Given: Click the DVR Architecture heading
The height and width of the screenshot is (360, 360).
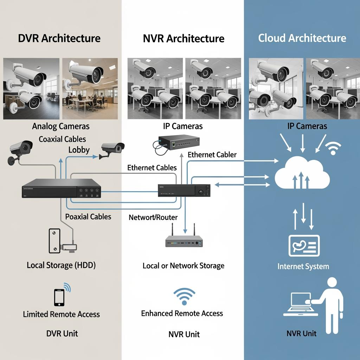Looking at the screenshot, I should pyautogui.click(x=59, y=38).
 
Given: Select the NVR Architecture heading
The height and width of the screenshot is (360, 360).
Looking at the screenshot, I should pyautogui.click(x=184, y=38).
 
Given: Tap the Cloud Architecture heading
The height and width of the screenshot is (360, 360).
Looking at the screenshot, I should pyautogui.click(x=302, y=38).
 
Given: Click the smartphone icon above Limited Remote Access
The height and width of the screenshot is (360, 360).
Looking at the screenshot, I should pyautogui.click(x=59, y=297).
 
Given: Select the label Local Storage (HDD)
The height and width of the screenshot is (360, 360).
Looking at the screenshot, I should pyautogui.click(x=61, y=265).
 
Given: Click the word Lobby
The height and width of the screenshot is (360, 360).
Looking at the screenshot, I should pyautogui.click(x=79, y=150).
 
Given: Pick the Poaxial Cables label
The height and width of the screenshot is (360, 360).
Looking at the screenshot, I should pyautogui.click(x=88, y=217).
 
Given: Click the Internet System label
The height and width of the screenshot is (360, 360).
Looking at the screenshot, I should pyautogui.click(x=303, y=266).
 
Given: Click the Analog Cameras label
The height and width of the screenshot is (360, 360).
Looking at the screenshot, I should pyautogui.click(x=61, y=126).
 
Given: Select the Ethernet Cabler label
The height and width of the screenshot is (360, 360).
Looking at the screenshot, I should pyautogui.click(x=212, y=155).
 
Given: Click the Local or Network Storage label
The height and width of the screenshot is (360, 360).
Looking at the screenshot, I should pyautogui.click(x=183, y=265).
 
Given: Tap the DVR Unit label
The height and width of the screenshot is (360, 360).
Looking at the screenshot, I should pyautogui.click(x=62, y=333).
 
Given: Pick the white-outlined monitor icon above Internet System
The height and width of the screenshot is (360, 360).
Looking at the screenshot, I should pyautogui.click(x=304, y=246).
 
